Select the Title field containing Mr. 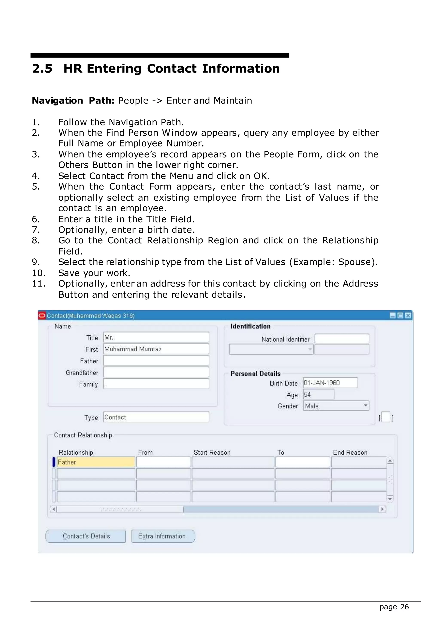[156, 338]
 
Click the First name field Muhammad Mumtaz [156, 349]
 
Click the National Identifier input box [342, 339]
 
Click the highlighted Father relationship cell [96, 462]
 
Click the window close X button [408, 316]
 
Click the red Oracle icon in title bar [42, 316]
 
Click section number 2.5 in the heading [42, 69]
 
